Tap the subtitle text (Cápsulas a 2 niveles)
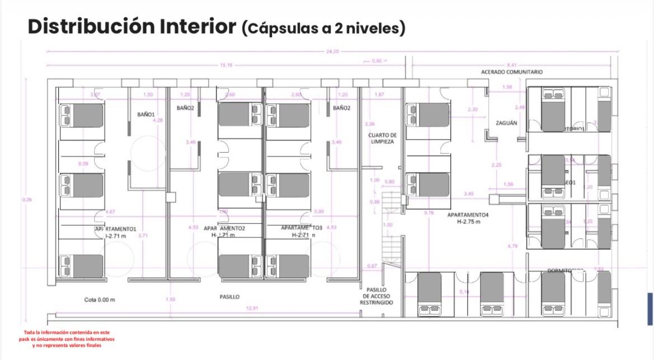[323, 28]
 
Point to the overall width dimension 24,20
[332, 52]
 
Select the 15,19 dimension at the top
[227, 66]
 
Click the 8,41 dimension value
[512, 66]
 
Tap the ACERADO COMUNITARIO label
[511, 72]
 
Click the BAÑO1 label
[146, 114]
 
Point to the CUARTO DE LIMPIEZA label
[382, 138]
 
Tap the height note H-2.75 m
[468, 222]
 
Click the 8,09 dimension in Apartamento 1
[83, 163]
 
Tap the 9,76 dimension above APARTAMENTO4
[429, 213]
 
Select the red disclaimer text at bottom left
[67, 339]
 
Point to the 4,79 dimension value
[512, 246]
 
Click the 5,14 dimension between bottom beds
[464, 292]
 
